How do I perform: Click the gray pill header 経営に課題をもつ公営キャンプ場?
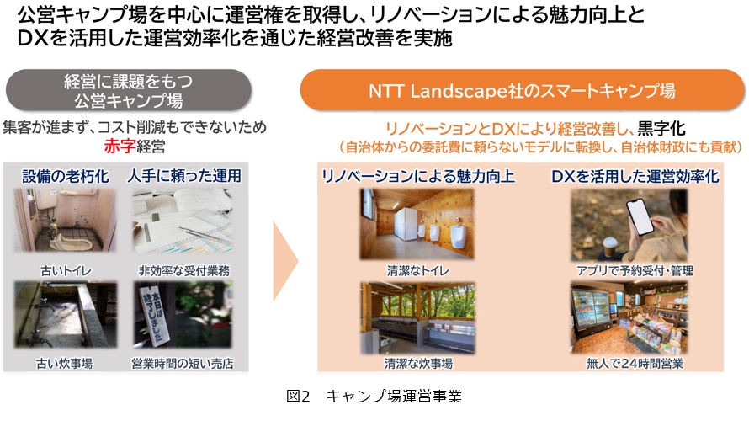pos(129,90)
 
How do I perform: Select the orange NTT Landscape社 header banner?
pos(522,90)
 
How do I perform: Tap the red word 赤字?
pos(120,147)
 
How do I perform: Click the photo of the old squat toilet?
pos(65,221)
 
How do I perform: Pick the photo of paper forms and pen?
pos(182,221)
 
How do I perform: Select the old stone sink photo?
pos(66,314)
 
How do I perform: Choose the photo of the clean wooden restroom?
pos(417,224)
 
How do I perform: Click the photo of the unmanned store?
pos(629,317)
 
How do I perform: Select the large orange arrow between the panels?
pos(285,261)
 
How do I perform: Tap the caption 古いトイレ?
pos(66,271)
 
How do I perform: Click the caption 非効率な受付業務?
pos(184,271)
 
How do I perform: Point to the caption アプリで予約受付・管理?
pos(635,271)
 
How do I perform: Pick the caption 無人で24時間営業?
pos(635,364)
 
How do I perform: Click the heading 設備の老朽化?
pos(66,176)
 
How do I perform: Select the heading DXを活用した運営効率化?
pos(635,176)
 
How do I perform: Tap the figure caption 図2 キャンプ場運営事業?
pos(374,396)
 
